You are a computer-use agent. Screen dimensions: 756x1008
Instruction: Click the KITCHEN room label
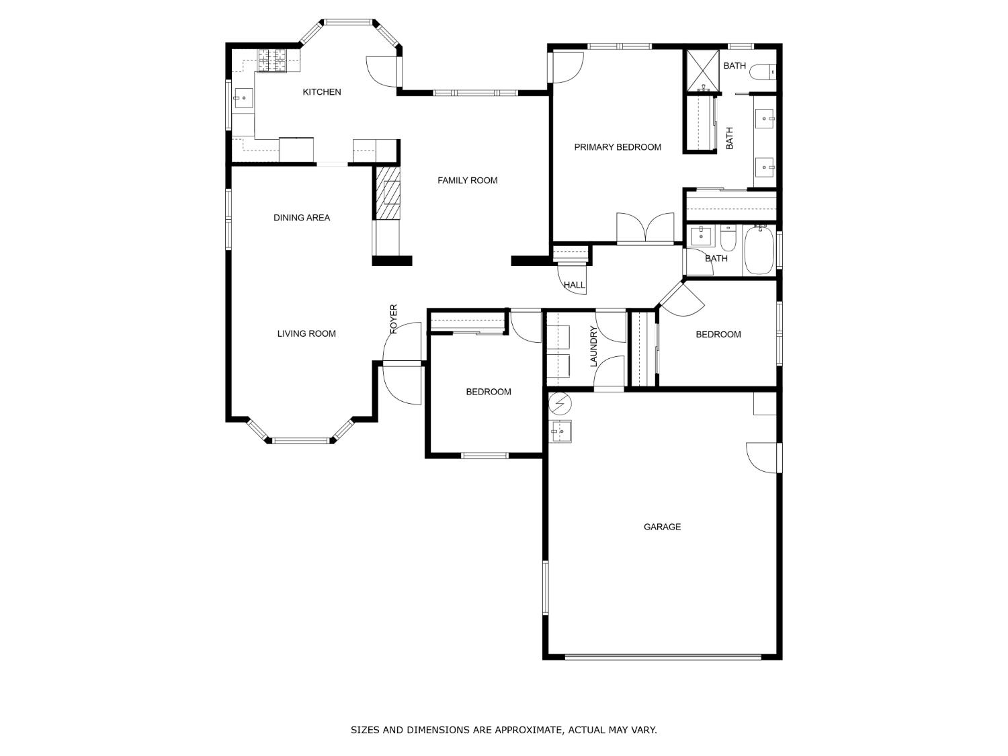click(x=321, y=92)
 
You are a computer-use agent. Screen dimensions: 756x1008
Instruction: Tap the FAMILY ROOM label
click(x=467, y=180)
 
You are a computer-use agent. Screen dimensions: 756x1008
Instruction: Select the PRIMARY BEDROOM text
click(x=617, y=147)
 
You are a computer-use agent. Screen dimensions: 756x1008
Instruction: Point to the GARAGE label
click(x=662, y=527)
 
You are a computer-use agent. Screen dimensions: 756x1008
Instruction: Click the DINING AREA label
click(x=301, y=218)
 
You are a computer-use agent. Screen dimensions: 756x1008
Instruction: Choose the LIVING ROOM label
click(x=306, y=333)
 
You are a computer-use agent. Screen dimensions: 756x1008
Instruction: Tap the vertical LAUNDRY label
click(x=593, y=347)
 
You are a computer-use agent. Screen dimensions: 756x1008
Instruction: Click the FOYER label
click(x=394, y=319)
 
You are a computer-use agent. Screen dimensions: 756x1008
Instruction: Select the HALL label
click(x=574, y=285)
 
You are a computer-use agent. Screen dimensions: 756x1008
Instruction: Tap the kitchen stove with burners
click(x=272, y=61)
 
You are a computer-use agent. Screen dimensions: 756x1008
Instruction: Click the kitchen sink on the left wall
click(x=243, y=98)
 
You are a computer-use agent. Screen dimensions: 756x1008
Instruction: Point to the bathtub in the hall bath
click(x=759, y=250)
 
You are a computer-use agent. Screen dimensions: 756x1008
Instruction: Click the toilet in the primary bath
click(x=763, y=71)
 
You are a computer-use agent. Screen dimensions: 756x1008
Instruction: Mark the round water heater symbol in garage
click(x=560, y=404)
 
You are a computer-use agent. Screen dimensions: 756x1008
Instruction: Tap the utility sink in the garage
click(x=560, y=431)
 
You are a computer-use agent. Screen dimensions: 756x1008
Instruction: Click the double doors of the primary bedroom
click(x=645, y=228)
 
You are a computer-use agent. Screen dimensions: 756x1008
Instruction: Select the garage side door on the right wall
click(x=763, y=458)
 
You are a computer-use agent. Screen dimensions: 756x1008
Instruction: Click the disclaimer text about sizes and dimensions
click(x=503, y=730)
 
